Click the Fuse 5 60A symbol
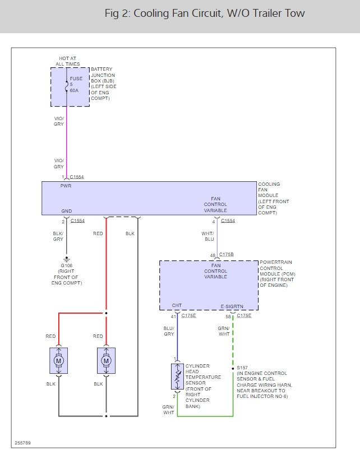(x=67, y=87)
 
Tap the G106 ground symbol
(x=67, y=259)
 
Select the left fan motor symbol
(x=59, y=361)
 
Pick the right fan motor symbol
(x=106, y=361)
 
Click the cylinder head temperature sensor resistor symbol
(x=177, y=377)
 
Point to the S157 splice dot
(x=233, y=369)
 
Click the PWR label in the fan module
(x=66, y=186)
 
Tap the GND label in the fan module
(x=67, y=211)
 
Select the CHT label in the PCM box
(x=177, y=305)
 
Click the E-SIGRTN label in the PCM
(x=232, y=306)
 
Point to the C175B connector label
(x=227, y=254)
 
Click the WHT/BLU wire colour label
(x=207, y=236)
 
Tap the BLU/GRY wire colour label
(x=169, y=331)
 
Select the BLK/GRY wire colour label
(x=58, y=236)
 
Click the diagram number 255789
(x=23, y=443)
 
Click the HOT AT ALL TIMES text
(x=68, y=61)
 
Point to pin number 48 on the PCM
(x=213, y=255)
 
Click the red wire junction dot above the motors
(x=106, y=313)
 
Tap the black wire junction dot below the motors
(x=106, y=416)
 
